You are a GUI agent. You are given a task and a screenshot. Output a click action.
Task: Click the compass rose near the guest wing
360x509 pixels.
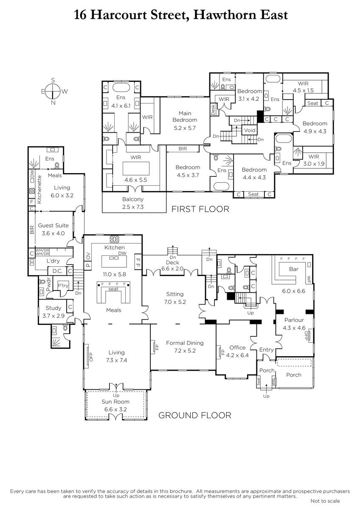coord(53,91)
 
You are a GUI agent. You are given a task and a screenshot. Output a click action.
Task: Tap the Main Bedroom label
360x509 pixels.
coord(185,117)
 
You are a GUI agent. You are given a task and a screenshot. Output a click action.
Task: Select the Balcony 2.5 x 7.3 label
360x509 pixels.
coord(133,203)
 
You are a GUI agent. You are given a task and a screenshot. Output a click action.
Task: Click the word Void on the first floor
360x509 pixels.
coord(250,130)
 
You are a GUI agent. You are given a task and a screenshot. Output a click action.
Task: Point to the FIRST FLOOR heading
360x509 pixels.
coord(200,209)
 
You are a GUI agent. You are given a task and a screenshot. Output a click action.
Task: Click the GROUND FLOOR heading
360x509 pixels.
coord(195,415)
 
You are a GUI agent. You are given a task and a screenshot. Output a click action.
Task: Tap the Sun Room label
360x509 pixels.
coord(115,402)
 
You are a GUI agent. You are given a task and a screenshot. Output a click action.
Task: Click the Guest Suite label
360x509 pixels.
coord(53,225)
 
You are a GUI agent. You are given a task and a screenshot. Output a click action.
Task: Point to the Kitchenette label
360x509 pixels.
coord(39,190)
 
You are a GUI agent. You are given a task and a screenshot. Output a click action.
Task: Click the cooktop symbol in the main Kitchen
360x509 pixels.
coord(115,239)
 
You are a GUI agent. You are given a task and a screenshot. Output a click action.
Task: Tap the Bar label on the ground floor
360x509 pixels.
coord(294,269)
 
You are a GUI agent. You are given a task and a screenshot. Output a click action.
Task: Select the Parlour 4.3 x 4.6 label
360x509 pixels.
coord(294,324)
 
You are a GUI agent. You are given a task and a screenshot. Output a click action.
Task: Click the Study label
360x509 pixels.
coord(53,308)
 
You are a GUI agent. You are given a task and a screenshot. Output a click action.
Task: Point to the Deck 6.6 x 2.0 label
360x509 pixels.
coord(172,266)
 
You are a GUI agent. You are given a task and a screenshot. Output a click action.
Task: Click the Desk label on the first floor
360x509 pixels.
coord(213,109)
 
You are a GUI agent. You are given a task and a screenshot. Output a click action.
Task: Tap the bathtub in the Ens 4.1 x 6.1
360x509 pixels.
coord(121,88)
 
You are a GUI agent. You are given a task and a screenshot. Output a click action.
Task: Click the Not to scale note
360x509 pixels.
coord(325,501)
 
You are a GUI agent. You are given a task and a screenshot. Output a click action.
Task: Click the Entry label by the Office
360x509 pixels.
coord(266,350)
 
